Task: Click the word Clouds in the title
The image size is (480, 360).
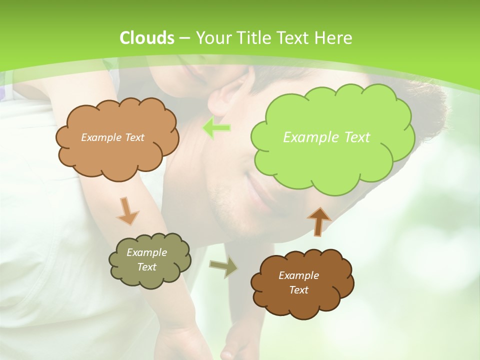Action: pos(146,38)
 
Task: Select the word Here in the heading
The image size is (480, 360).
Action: pos(335,38)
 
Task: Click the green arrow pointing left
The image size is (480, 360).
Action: pos(216,128)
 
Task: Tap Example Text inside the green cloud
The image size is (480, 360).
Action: pos(326,137)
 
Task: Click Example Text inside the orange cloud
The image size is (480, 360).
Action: pos(112,137)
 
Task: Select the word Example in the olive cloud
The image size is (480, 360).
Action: pos(146,252)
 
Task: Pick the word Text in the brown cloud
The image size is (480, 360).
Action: pos(298,290)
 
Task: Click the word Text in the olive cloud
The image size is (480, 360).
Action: pos(146,267)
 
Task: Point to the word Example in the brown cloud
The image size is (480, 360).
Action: pos(298,275)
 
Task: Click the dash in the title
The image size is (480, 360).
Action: pos(184,38)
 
